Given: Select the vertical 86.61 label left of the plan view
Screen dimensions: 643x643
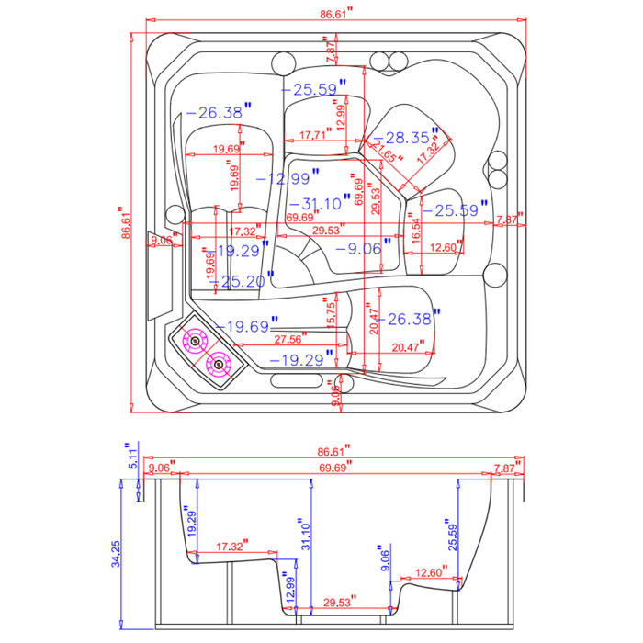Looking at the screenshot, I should tap(127, 221).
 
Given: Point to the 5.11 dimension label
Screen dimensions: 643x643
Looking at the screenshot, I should tap(131, 456).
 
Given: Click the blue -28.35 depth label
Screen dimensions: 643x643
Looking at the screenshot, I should tap(407, 138).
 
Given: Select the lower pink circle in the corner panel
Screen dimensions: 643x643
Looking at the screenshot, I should tap(219, 365).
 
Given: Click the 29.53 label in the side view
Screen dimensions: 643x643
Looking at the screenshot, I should tap(337, 603).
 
